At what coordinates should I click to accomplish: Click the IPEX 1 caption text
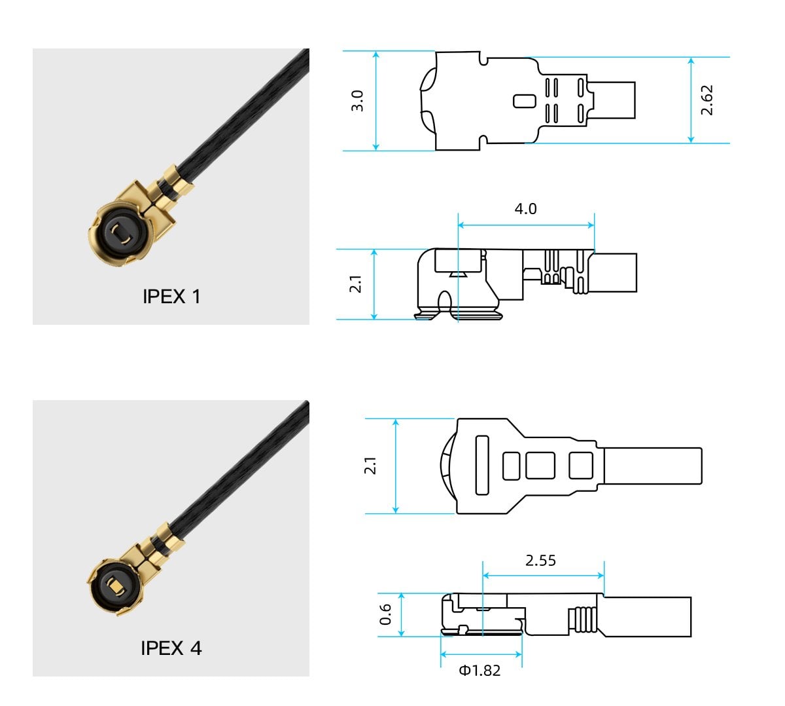[x=171, y=297]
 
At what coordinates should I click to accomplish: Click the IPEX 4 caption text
[x=171, y=648]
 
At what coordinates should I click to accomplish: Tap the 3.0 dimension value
[x=357, y=101]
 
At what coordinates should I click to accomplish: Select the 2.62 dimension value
[x=707, y=100]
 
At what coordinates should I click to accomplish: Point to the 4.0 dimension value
[x=525, y=209]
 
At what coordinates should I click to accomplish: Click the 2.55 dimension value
[x=540, y=561]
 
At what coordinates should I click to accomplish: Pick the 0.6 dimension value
[x=386, y=614]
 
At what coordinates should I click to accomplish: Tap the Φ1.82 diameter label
[x=480, y=671]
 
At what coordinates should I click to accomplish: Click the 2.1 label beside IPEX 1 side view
[x=355, y=284]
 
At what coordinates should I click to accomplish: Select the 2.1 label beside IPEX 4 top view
[x=370, y=466]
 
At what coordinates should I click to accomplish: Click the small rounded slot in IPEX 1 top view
[x=524, y=101]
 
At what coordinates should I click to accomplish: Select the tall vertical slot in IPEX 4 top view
[x=482, y=465]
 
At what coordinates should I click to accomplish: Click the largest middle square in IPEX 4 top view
[x=540, y=466]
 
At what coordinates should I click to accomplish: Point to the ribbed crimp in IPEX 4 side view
[x=585, y=619]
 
